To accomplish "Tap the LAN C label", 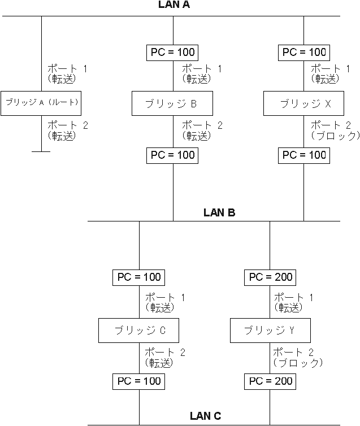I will [206, 416].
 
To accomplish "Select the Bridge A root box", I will [41, 103].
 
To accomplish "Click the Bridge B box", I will [173, 103].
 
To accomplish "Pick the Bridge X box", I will [304, 103].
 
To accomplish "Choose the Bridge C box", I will [139, 330].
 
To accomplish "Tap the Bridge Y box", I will [270, 330].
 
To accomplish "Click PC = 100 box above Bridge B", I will [173, 53].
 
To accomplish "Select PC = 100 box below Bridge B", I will [173, 155].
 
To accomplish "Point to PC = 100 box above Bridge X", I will [304, 53].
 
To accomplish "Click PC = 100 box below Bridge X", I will [304, 155].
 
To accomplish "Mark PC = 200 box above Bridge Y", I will [270, 277].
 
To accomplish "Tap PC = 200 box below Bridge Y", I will [270, 381].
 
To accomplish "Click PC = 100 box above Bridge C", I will [139, 277].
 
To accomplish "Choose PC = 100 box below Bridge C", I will [139, 381].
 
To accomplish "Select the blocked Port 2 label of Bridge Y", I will [298, 358].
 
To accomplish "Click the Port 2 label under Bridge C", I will [166, 358].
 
